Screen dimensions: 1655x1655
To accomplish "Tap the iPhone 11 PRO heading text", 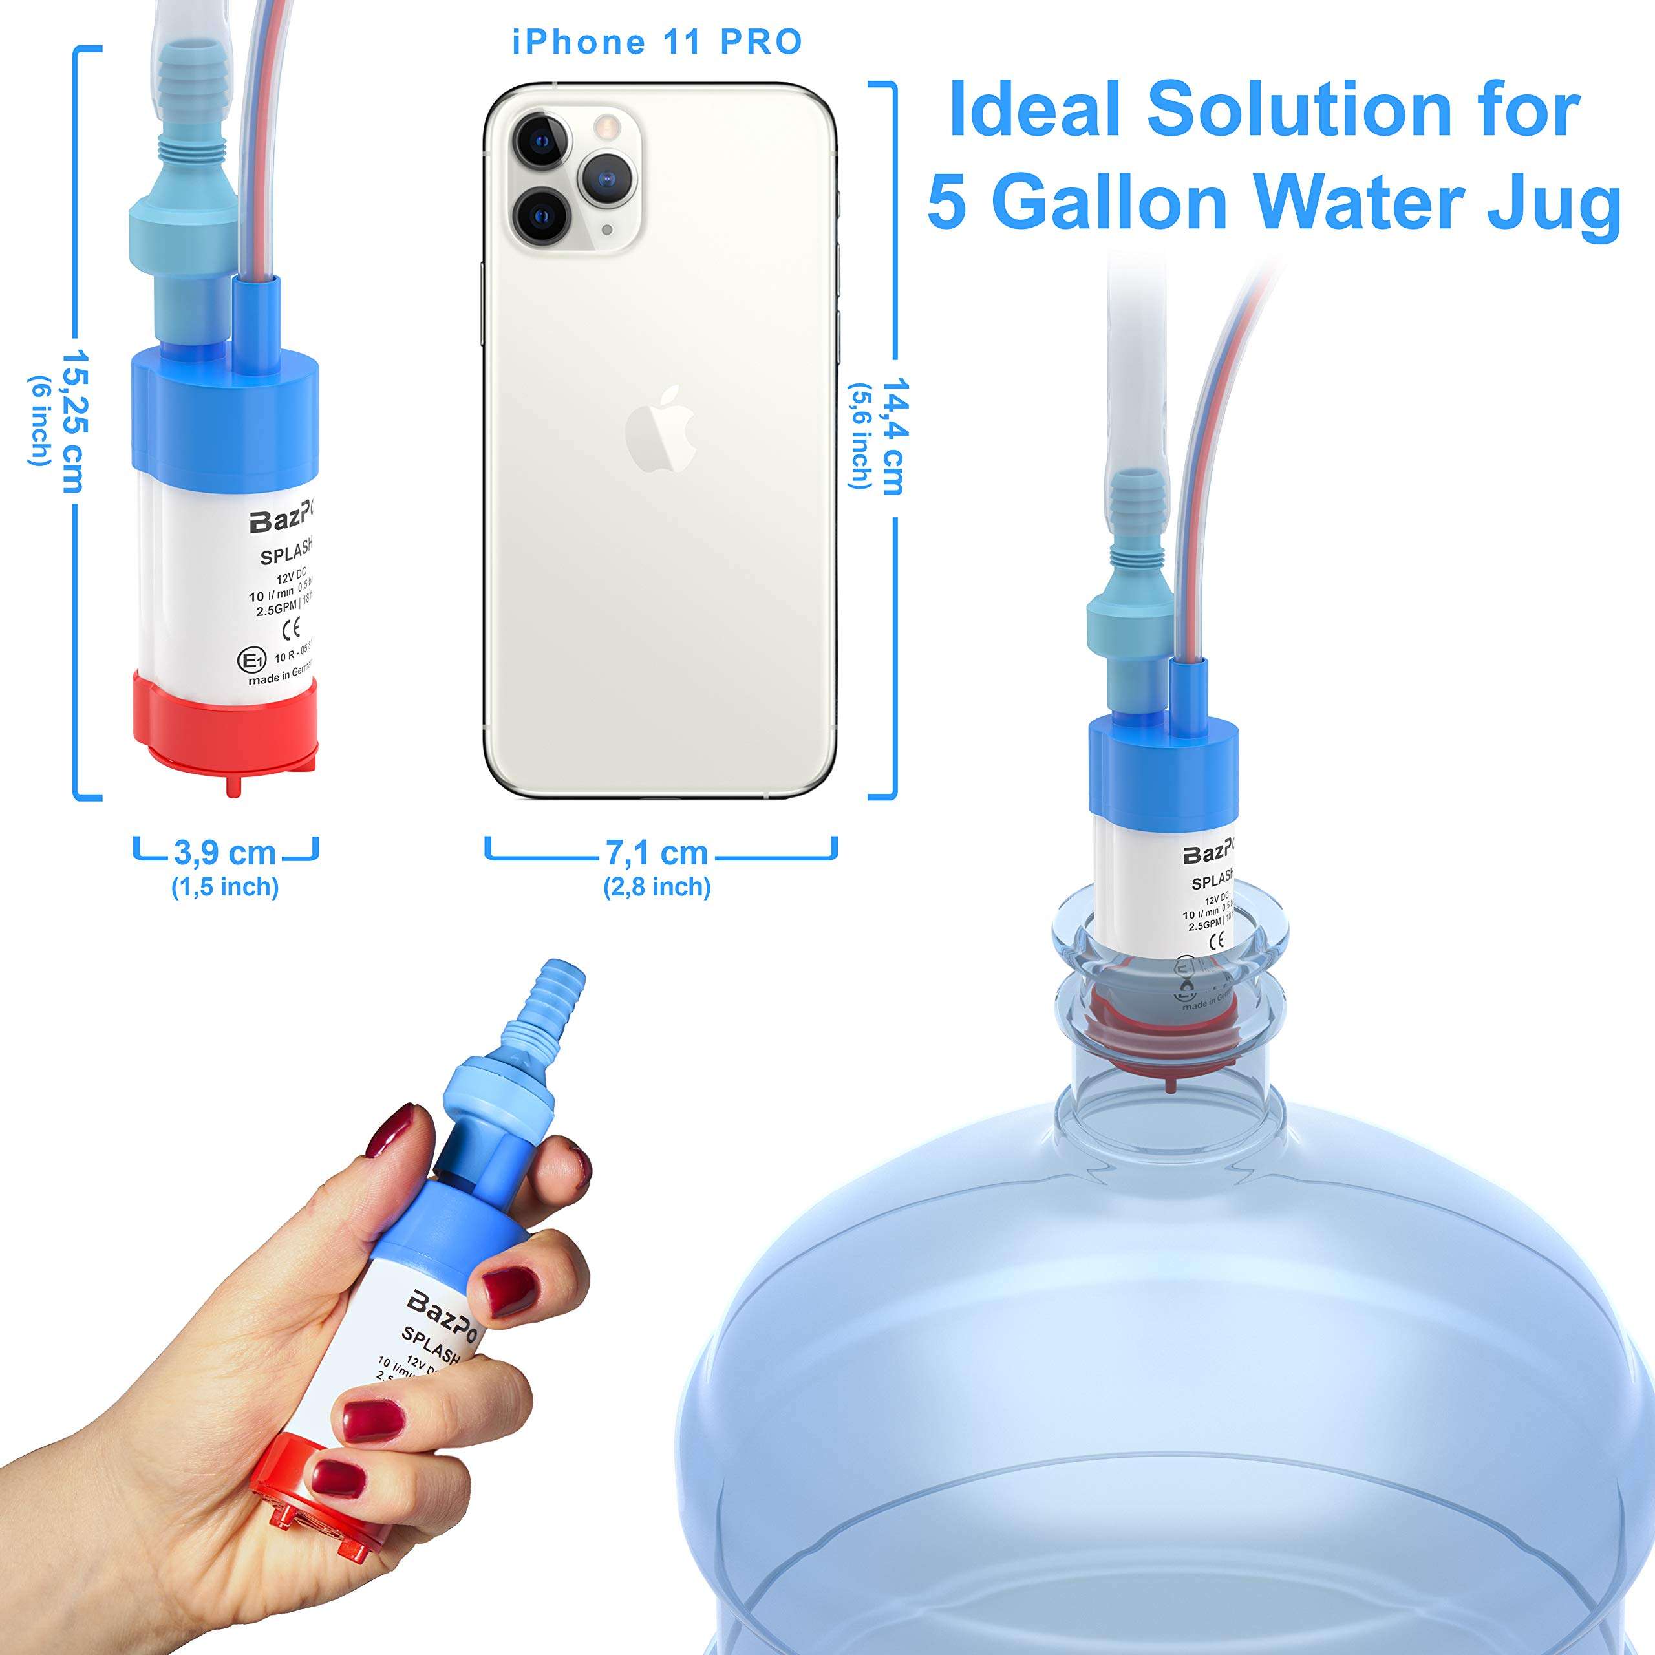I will [x=657, y=42].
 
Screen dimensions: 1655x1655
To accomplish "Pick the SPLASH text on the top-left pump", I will [x=285, y=553].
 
